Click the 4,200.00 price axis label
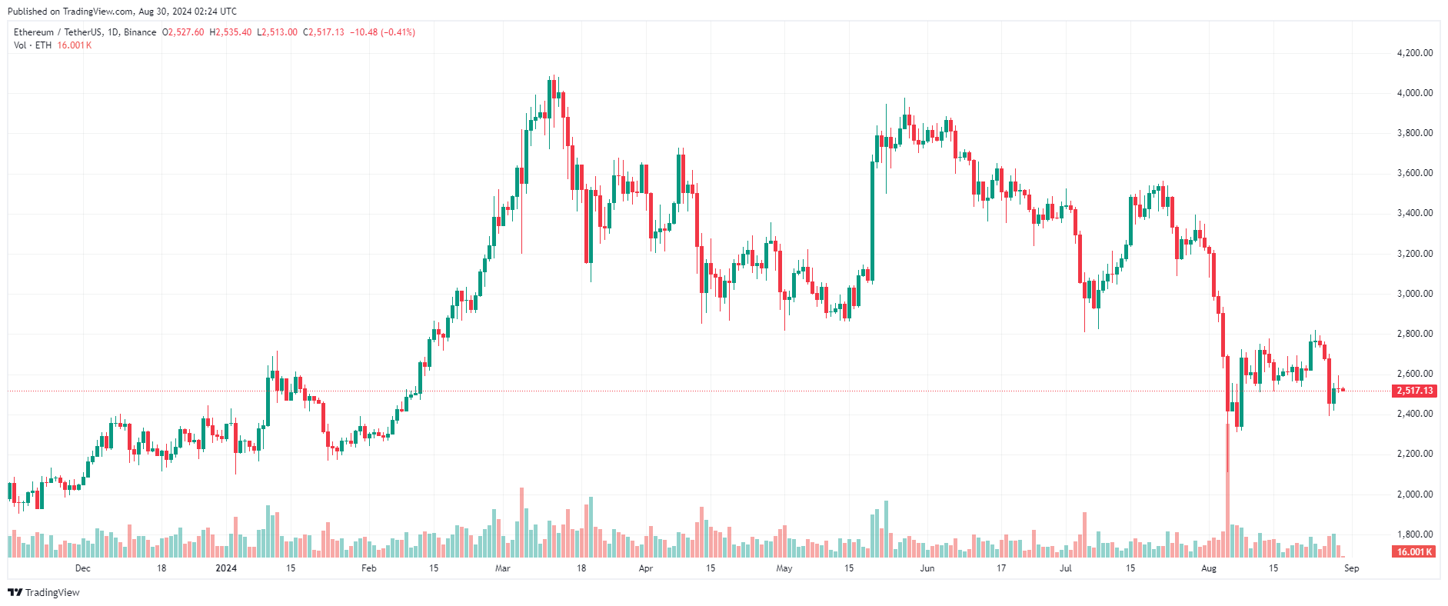click(x=1414, y=53)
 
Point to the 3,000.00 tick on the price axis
click(x=1414, y=294)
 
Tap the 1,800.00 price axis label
click(x=1414, y=534)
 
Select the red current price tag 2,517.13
click(x=1414, y=391)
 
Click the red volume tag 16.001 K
click(x=1414, y=552)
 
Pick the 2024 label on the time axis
click(x=226, y=568)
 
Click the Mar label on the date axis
click(x=503, y=568)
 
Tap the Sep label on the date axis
click(x=1351, y=568)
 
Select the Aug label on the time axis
click(x=1209, y=568)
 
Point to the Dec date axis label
click(x=82, y=568)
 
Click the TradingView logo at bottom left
click(x=44, y=592)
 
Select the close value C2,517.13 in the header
click(x=323, y=32)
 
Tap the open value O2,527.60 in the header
click(x=183, y=32)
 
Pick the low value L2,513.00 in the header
click(x=277, y=32)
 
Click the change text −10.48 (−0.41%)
click(x=383, y=32)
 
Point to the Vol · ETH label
click(x=32, y=45)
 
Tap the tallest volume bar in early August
click(x=1227, y=515)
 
